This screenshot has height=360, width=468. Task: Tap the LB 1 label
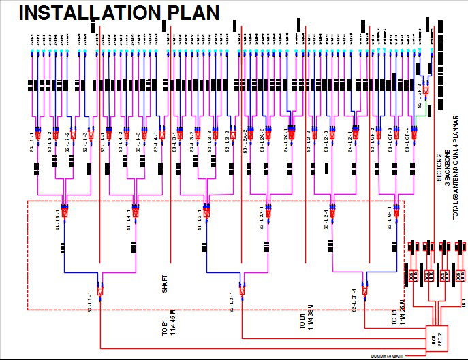tap(463, 300)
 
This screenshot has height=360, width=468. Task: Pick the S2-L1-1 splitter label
tap(89, 300)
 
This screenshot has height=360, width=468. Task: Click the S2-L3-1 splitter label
tap(231, 300)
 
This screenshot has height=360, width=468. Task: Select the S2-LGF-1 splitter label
tap(354, 299)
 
